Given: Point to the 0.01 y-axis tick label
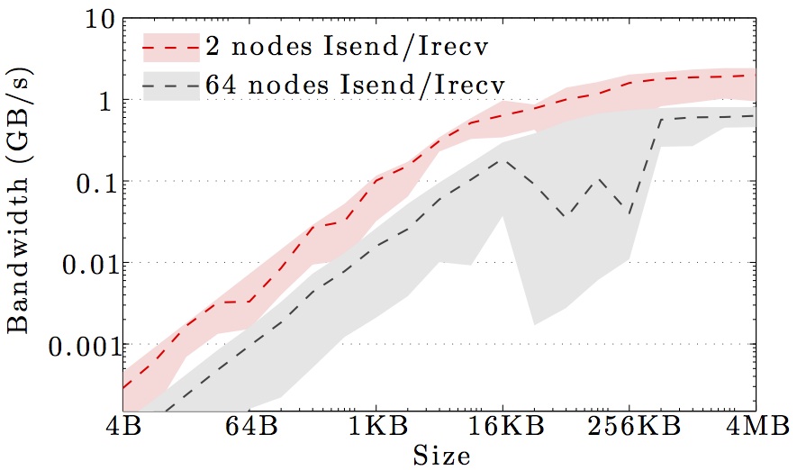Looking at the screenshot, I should pyautogui.click(x=77, y=263).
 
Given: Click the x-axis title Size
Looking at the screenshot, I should pyautogui.click(x=440, y=454).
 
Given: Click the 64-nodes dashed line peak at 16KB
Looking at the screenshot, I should pyautogui.click(x=503, y=160).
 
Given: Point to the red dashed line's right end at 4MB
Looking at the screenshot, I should pyautogui.click(x=754, y=75).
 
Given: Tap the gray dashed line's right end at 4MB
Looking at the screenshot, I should pyautogui.click(x=754, y=116).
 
